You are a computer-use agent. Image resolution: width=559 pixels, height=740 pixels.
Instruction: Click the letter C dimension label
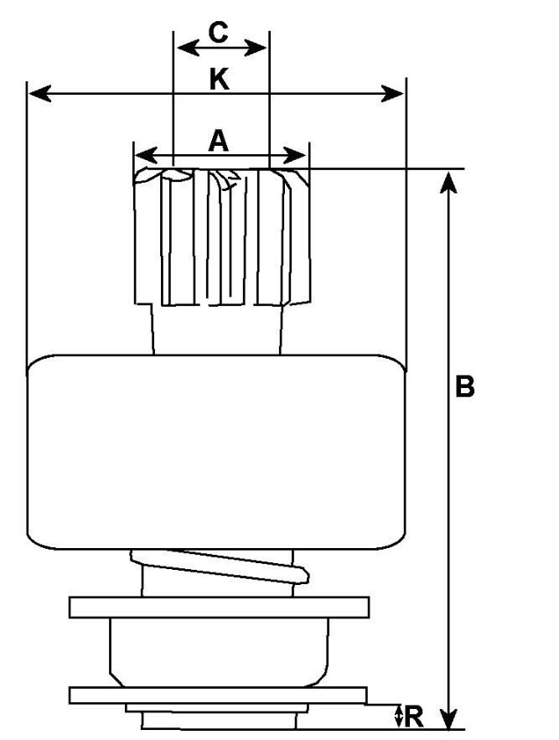(218, 33)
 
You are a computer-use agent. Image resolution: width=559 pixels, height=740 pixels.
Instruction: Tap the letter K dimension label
(218, 80)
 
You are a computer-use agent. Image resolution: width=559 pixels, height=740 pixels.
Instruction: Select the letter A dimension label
(218, 141)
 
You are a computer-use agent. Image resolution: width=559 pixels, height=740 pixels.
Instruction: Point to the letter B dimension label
(465, 386)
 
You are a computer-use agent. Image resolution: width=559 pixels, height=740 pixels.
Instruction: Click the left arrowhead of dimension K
(35, 93)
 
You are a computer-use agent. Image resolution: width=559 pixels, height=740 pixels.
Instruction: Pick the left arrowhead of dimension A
(142, 155)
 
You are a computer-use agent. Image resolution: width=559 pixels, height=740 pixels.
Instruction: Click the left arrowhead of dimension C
(180, 47)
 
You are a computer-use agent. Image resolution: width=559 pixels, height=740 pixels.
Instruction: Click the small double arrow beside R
(398, 716)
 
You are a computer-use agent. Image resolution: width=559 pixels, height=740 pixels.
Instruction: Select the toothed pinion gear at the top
(221, 235)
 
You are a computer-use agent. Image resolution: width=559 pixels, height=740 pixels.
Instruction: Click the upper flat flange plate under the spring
(220, 607)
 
